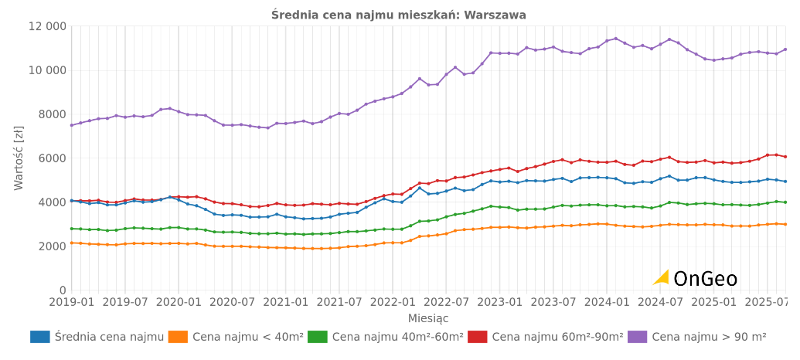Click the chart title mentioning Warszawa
[x=399, y=15]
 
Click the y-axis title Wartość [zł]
[x=19, y=158]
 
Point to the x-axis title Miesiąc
[x=428, y=318]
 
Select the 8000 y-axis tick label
[x=52, y=114]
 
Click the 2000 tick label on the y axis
[x=52, y=246]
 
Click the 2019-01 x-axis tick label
[x=71, y=302]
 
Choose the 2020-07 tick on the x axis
[x=233, y=302]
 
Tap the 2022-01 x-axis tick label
[x=393, y=302]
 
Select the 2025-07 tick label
[x=768, y=302]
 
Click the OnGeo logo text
[x=704, y=279]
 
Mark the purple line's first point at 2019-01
[x=71, y=125]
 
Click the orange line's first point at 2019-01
[x=71, y=243]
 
